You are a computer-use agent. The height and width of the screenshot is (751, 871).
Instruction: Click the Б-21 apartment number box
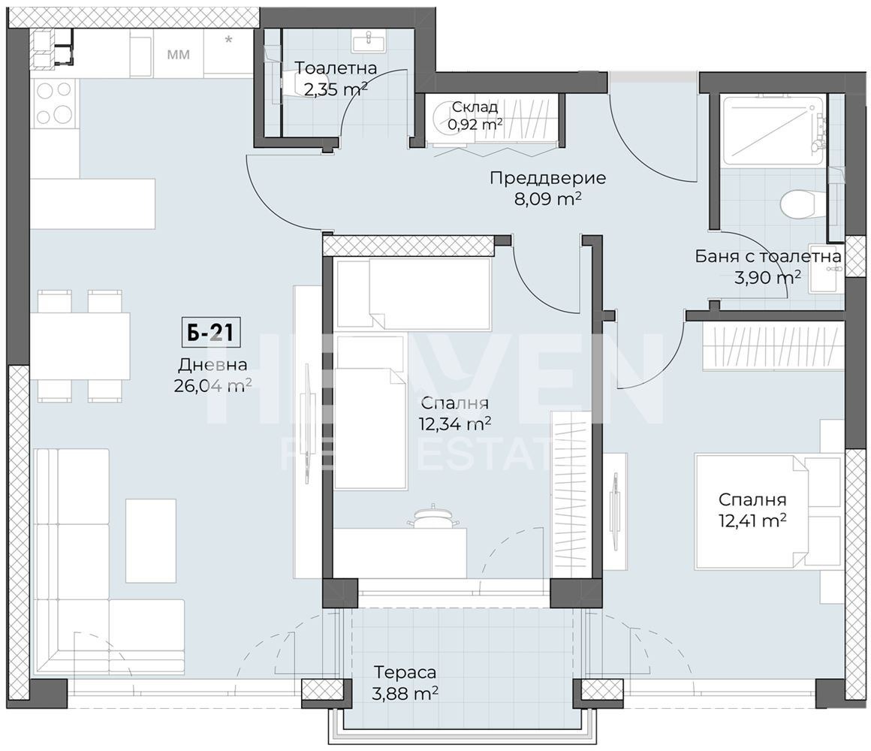tap(211, 333)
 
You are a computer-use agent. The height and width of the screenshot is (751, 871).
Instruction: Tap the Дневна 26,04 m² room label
tap(212, 375)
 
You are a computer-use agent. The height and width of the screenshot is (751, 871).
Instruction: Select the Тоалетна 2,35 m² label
tap(335, 79)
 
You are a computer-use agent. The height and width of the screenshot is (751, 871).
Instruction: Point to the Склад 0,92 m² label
tap(475, 116)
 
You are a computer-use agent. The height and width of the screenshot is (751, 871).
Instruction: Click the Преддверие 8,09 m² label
tap(547, 188)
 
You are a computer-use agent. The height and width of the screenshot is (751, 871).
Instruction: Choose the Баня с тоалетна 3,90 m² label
tap(767, 267)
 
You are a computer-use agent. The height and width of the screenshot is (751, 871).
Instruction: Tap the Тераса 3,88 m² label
tap(405, 683)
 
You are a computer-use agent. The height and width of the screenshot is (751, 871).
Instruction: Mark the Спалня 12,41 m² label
tap(752, 509)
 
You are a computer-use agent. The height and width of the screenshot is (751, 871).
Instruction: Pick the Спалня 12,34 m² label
tap(456, 413)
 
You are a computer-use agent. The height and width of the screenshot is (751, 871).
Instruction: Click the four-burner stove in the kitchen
tap(54, 103)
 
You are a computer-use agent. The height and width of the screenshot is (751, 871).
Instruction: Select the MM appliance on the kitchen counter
tap(178, 54)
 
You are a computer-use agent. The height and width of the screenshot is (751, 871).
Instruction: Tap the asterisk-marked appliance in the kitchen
tap(228, 53)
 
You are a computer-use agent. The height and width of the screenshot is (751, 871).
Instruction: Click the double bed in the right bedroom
tap(766, 511)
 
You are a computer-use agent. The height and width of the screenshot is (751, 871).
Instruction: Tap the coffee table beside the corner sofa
tap(150, 541)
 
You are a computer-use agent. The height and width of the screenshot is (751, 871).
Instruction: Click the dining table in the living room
tap(80, 346)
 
